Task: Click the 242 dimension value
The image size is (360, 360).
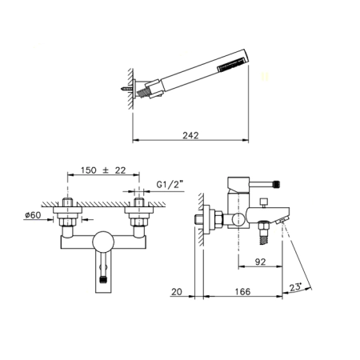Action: (x=190, y=135)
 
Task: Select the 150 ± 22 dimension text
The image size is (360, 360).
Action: (x=103, y=170)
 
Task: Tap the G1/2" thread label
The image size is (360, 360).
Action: (x=170, y=184)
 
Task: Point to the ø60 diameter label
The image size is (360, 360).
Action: (x=33, y=215)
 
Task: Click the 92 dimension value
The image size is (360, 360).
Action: (x=260, y=262)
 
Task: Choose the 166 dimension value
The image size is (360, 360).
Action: (x=242, y=291)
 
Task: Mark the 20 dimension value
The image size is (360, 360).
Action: (x=177, y=292)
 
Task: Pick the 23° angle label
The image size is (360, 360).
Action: (x=295, y=287)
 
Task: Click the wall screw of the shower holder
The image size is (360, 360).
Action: (x=126, y=88)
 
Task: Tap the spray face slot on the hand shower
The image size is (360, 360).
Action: (x=231, y=65)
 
